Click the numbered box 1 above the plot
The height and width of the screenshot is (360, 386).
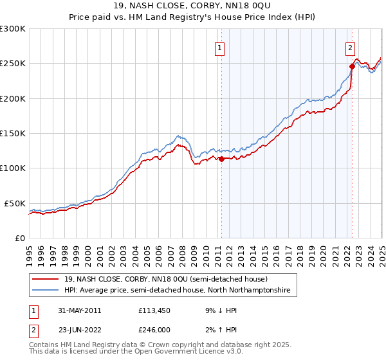tap(220, 47)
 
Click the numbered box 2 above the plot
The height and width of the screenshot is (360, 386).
tap(350, 47)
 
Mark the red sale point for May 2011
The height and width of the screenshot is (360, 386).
tap(221, 159)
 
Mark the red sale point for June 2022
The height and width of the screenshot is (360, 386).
tap(352, 66)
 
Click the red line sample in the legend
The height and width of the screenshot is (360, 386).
tap(45, 280)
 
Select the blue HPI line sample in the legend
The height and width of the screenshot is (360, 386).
tap(45, 291)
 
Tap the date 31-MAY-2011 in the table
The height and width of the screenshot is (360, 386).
tap(79, 310)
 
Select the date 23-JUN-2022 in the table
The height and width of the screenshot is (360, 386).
tap(79, 329)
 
